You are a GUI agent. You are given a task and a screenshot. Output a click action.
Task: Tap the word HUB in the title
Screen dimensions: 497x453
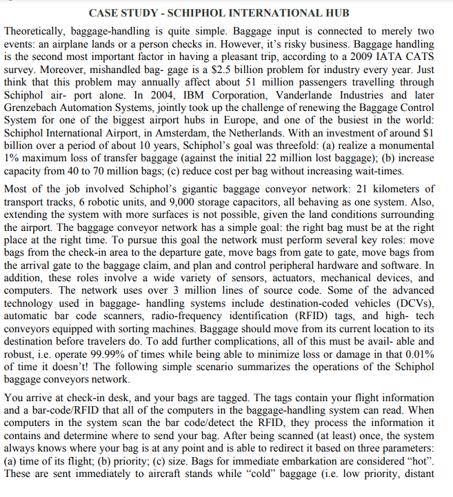coord(334,13)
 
